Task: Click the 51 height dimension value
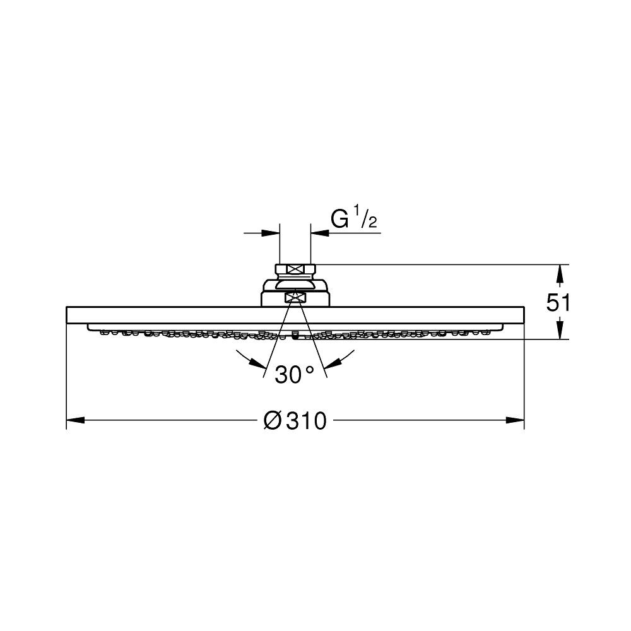click(557, 303)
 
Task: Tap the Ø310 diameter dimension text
click(295, 421)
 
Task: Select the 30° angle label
click(294, 375)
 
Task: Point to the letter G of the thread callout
click(339, 220)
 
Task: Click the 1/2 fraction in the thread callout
click(365, 216)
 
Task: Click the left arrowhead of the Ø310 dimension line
click(75, 420)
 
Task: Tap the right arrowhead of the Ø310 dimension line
click(515, 420)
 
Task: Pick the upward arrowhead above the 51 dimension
click(559, 274)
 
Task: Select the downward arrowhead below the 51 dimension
click(559, 329)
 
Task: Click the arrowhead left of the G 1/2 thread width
click(271, 233)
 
